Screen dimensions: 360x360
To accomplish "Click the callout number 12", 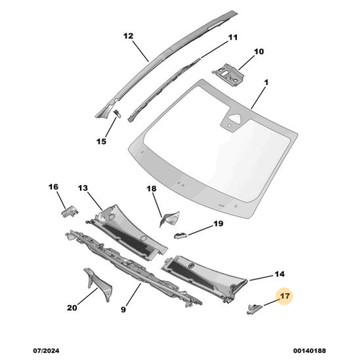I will [128, 35].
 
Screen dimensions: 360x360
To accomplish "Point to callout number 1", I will [266, 84].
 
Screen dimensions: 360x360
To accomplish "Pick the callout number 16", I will [53, 187].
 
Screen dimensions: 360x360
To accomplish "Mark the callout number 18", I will [151, 189].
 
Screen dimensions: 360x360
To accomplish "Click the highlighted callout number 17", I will [285, 295].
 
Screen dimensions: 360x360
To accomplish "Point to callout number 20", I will [72, 308].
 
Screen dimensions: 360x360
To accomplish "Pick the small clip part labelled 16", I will [69, 211].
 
